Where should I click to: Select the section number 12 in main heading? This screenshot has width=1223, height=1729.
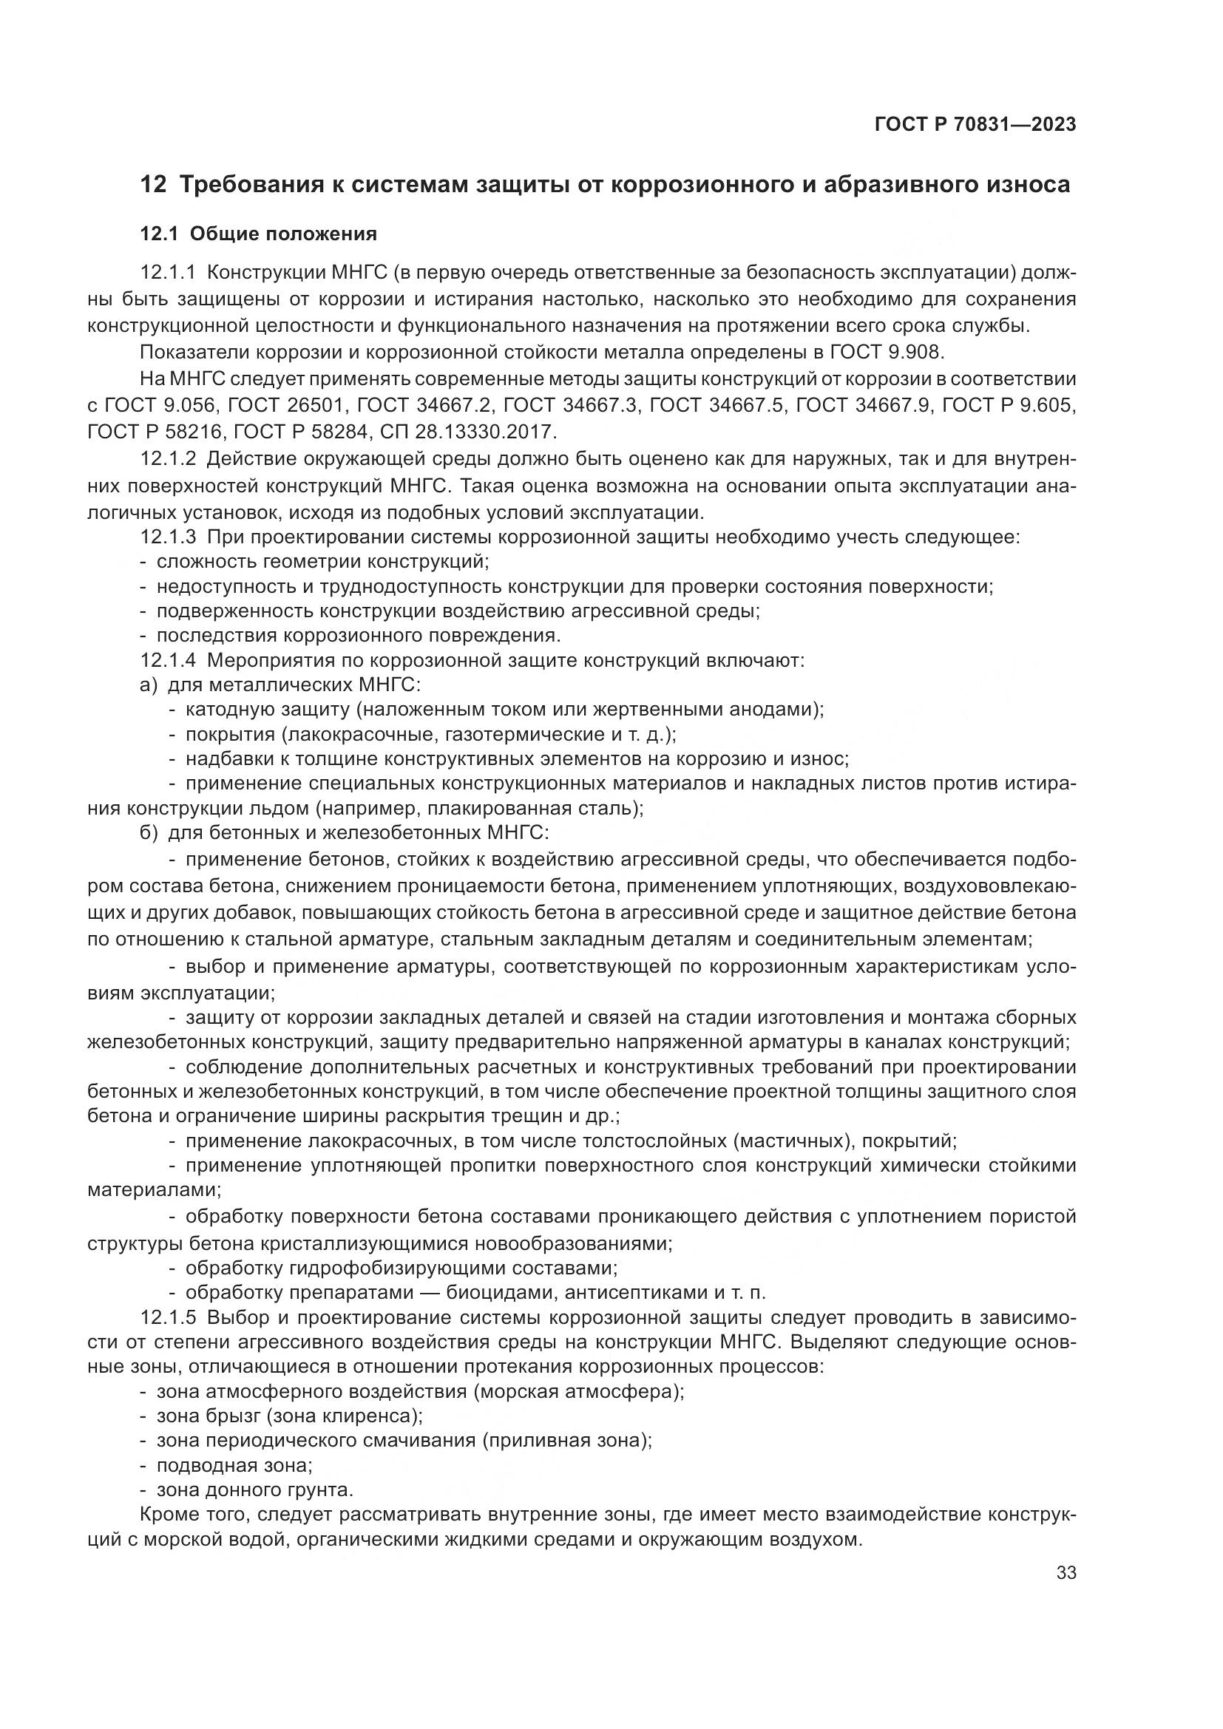click(153, 185)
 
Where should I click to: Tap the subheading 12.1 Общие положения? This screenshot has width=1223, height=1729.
click(258, 234)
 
